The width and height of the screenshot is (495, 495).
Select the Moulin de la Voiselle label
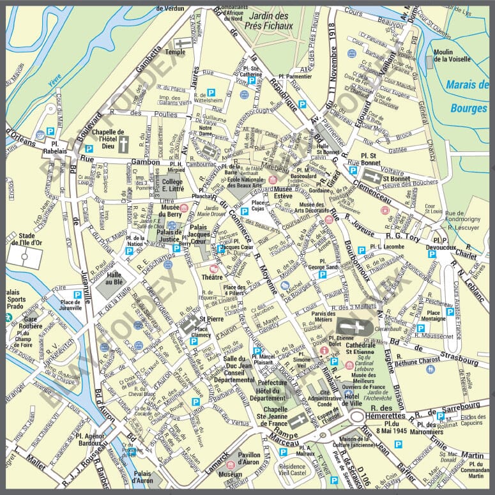click(x=452, y=56)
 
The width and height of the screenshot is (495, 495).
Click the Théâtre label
click(x=212, y=278)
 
